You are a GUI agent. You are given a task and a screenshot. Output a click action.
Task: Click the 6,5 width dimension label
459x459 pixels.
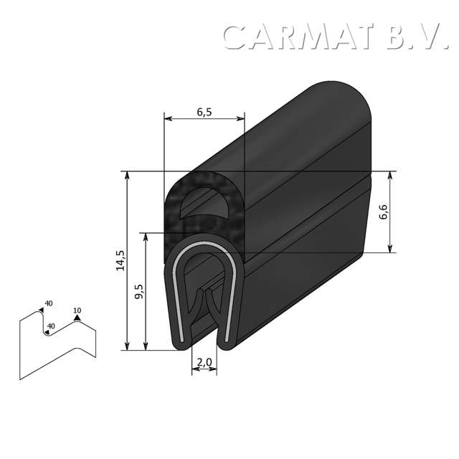tap(204, 111)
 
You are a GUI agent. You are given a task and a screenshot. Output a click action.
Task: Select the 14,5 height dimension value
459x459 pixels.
tap(120, 260)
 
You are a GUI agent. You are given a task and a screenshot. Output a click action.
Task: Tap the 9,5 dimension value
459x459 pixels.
tap(139, 293)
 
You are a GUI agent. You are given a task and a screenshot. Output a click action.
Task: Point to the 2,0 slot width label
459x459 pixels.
tap(204, 364)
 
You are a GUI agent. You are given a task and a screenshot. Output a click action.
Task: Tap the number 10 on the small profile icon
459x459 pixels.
tap(77, 311)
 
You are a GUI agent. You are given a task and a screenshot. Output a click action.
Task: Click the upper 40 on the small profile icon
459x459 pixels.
tap(48, 303)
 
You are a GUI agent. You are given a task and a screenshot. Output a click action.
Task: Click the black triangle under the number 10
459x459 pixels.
tap(77, 318)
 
